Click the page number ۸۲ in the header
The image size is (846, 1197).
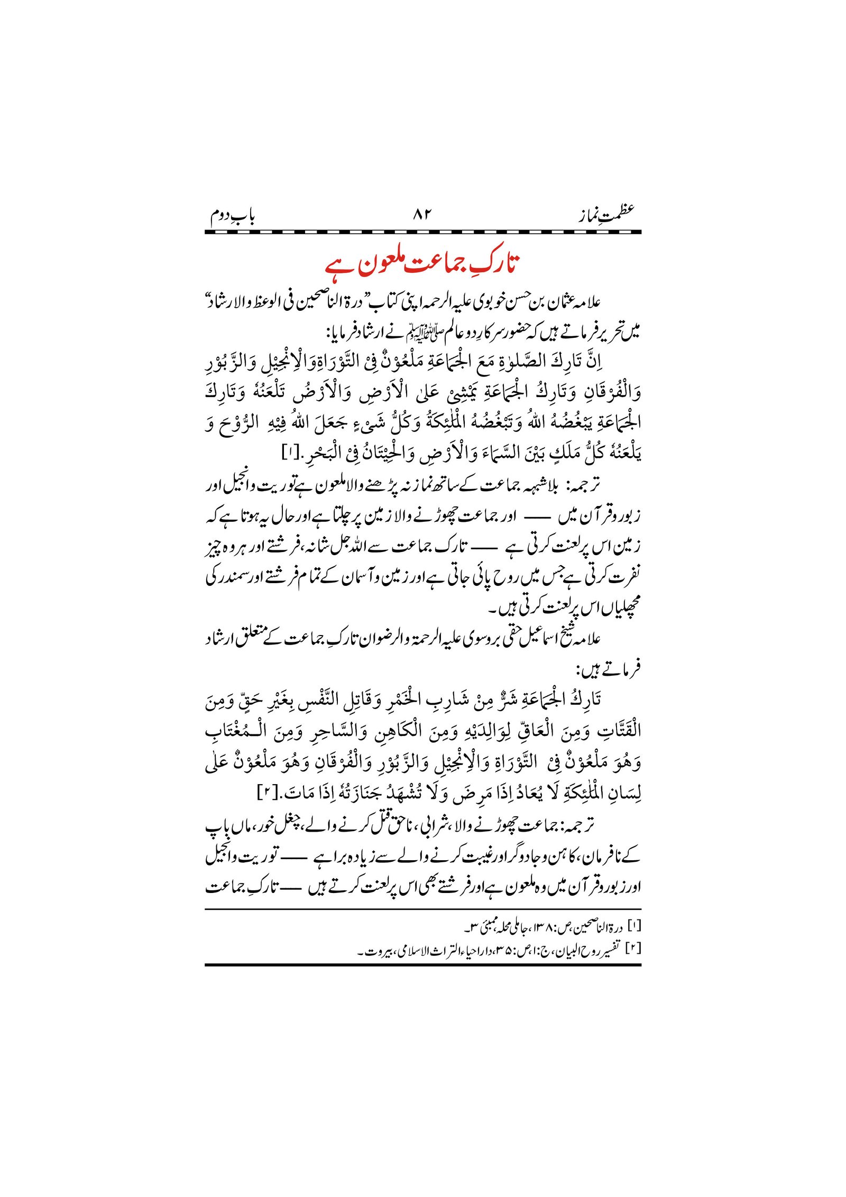pyautogui.click(x=422, y=214)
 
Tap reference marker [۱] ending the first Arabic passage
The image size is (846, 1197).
pyautogui.click(x=291, y=453)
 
